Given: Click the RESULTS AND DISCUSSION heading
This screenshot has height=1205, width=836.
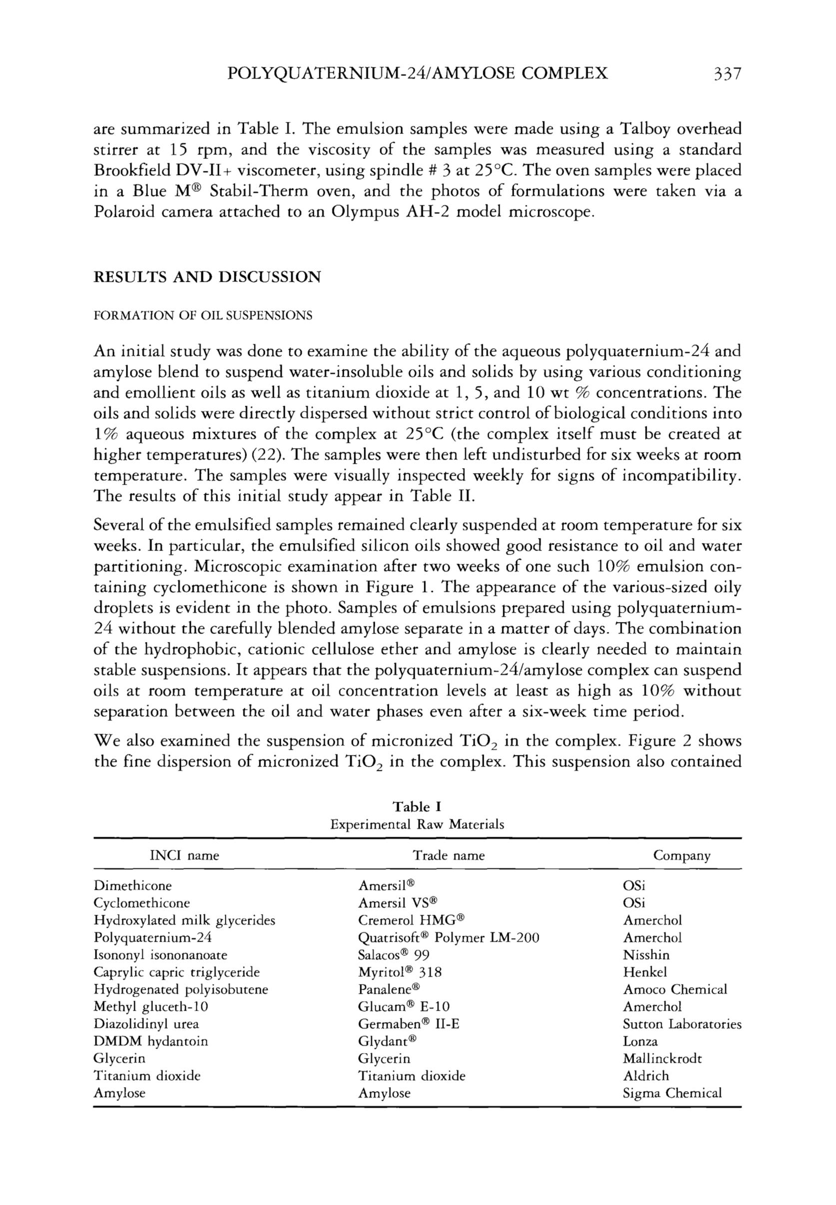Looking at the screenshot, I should [207, 277].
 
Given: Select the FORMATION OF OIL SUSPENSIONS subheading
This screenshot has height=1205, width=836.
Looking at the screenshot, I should [203, 316].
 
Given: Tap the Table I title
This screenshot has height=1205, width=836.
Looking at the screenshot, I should [417, 806].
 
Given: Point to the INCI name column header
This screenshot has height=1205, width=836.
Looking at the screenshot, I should [184, 856].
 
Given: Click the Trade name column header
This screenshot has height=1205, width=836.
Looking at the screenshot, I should [448, 856].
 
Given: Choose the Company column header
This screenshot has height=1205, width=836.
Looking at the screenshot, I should [682, 856].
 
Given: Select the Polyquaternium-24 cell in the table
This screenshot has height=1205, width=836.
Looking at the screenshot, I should [152, 937].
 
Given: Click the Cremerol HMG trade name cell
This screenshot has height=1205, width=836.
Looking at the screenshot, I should [412, 920].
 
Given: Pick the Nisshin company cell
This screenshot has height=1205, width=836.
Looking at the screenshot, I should [646, 955].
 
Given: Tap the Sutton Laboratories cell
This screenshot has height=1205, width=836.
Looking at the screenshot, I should [682, 1024].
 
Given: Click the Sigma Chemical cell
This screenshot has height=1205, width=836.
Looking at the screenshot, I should [672, 1093].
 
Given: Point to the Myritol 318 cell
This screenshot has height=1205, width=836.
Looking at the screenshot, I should [400, 972].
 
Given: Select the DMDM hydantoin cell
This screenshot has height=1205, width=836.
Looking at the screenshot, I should [151, 1041].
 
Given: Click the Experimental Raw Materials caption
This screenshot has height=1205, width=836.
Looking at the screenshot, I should [417, 825].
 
